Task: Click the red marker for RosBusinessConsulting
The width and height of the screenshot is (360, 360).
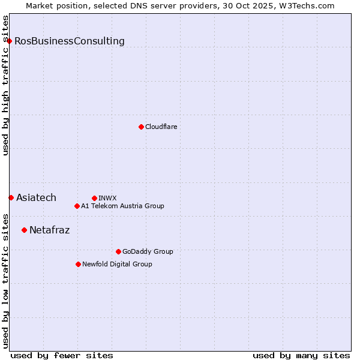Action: tap(10, 41)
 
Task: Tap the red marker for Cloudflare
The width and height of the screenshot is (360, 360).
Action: tap(141, 127)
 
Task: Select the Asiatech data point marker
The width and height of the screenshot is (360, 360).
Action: tap(11, 197)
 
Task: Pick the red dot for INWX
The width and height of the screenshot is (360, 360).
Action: tap(94, 198)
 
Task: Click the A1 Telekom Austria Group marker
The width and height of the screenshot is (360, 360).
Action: tap(77, 206)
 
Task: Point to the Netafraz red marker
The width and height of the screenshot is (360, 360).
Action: tap(24, 230)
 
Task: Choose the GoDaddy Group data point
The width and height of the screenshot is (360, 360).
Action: tap(118, 251)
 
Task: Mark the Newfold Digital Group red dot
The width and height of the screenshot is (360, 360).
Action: tap(78, 264)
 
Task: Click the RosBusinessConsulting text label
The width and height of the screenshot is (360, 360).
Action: tap(70, 41)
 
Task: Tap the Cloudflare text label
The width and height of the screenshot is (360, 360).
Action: tap(161, 127)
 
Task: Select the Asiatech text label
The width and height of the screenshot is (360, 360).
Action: tap(36, 198)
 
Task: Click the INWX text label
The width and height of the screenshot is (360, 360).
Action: tap(107, 198)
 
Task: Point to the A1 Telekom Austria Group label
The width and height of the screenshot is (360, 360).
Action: tap(122, 206)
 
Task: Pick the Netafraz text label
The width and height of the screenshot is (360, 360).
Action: tap(49, 230)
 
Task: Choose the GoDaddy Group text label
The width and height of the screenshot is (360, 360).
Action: tap(148, 251)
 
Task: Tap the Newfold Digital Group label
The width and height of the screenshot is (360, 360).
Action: tap(117, 264)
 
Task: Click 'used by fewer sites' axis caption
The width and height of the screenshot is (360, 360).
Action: tap(62, 355)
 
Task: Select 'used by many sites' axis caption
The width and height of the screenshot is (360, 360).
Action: tap(301, 355)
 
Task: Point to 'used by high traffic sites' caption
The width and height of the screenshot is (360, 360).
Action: tap(5, 85)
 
